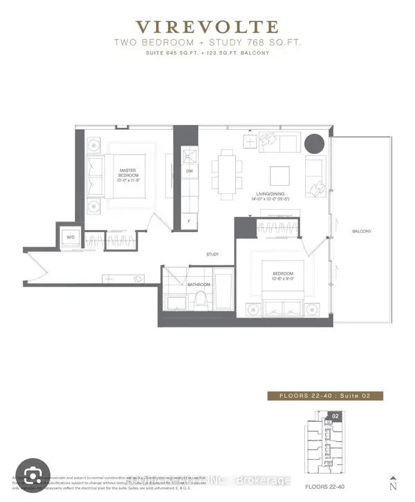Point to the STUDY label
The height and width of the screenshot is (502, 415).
click(x=212, y=254)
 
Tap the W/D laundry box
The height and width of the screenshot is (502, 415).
click(x=70, y=238)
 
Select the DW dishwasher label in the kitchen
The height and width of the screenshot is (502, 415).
click(x=189, y=171)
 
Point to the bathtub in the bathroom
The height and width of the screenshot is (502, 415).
click(x=223, y=294)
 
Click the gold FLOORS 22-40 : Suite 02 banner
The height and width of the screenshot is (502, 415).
click(x=324, y=396)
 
